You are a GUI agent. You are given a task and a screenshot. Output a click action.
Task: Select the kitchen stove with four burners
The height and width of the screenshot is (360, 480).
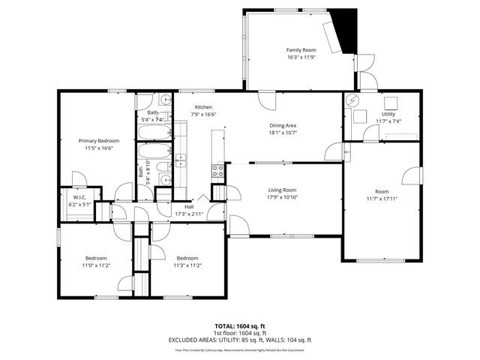(217, 170)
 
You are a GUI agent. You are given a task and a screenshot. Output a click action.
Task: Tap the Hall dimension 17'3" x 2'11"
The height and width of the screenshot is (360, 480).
(189, 214)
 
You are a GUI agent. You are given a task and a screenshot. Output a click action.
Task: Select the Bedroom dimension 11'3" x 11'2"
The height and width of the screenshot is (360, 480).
(187, 265)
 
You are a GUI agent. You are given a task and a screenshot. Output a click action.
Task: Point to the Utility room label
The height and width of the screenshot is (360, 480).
(388, 114)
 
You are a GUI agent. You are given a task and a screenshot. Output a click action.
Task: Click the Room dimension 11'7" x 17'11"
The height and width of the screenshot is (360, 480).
(381, 198)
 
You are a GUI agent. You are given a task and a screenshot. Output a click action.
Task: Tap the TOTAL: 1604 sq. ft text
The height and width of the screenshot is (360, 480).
(240, 326)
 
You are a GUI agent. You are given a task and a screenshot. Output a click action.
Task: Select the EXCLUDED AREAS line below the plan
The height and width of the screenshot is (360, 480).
(240, 340)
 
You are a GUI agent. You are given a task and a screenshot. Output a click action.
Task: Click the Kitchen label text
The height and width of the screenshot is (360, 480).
(204, 106)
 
